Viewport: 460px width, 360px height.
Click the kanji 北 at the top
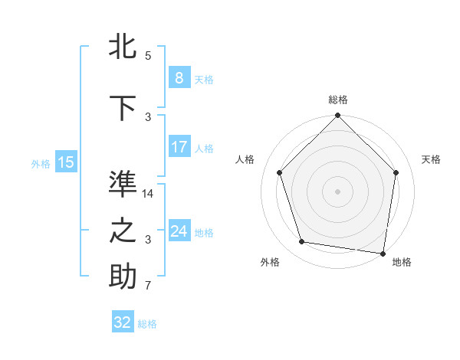pos(123,46)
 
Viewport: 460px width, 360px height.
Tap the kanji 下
pos(123,109)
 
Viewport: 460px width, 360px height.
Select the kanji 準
pos(123,184)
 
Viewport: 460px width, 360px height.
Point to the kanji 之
pos(123,231)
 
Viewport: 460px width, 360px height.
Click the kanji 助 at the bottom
pos(123,277)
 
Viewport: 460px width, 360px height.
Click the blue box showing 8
pos(179,77)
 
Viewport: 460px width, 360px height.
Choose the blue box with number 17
pos(179,147)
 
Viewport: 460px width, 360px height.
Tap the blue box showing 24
pos(179,231)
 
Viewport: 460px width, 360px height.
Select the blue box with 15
pos(66,162)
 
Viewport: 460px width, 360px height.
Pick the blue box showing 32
pos(123,322)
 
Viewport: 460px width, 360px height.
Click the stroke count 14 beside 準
pos(149,194)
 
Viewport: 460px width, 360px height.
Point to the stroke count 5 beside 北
pos(148,56)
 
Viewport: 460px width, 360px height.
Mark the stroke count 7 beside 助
pos(148,286)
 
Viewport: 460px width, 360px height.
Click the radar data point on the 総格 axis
pos(337,116)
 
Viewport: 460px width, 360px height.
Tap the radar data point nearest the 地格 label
pos(383,253)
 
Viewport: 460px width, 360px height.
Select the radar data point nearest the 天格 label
pos(396,172)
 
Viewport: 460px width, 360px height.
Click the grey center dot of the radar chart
pos(337,191)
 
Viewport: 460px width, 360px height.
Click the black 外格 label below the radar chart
pos(270,263)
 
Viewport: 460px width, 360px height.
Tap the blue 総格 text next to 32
pos(147,324)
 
